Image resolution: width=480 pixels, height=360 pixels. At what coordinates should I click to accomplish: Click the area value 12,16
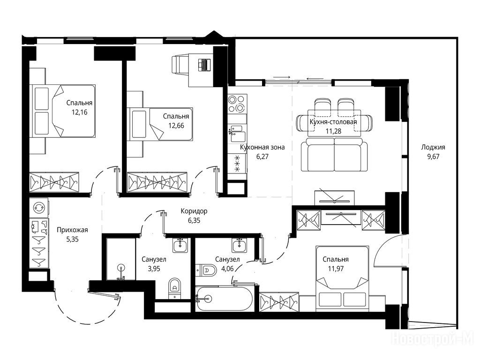[x=79, y=112]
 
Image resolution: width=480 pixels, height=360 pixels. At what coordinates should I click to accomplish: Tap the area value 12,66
[x=176, y=126]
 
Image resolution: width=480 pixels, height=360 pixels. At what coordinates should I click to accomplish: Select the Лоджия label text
[x=433, y=147]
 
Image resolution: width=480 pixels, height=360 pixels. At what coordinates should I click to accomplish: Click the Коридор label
[x=194, y=211]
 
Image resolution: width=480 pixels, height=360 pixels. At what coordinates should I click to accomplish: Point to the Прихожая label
[x=72, y=230]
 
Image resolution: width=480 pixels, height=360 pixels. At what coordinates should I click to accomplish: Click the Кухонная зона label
[x=262, y=147]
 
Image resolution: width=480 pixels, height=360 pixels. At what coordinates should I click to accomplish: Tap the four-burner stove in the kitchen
[x=237, y=104]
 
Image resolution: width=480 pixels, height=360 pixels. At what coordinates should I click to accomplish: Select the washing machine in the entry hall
[x=39, y=208]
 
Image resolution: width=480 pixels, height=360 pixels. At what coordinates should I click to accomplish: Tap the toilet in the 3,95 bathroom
[x=175, y=288]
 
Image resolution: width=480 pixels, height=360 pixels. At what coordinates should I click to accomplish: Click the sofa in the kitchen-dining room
[x=334, y=155]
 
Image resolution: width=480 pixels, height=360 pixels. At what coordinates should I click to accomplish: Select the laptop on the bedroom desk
[x=204, y=65]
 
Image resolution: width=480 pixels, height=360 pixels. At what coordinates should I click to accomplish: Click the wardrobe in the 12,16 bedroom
[x=54, y=182]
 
